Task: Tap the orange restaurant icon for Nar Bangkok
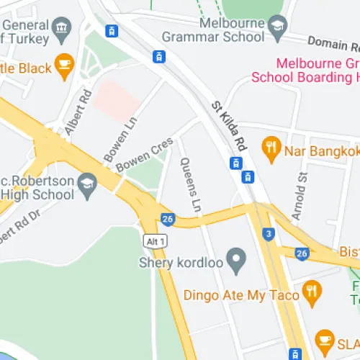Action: point(271,150)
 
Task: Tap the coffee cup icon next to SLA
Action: point(325,339)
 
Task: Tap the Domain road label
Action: point(333,44)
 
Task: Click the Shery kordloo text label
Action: point(179,263)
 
